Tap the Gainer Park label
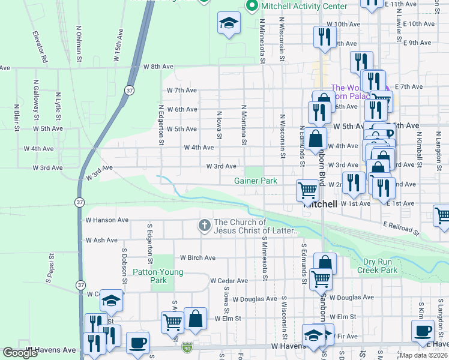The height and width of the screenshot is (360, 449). coord(256,181)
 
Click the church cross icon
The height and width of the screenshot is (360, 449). coord(204,226)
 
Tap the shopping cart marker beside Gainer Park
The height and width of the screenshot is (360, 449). coord(307,190)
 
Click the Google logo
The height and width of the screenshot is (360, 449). coord(20,352)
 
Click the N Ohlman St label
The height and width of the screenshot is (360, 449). coord(79,43)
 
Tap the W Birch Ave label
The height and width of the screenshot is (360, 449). coord(197,258)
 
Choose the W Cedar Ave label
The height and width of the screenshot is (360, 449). coord(229,281)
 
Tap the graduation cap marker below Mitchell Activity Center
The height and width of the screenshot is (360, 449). coord(228,23)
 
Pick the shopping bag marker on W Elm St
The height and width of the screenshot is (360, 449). coord(196,318)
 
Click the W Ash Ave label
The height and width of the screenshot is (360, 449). coord(101,240)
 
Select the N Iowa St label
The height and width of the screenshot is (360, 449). coord(220,127)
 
